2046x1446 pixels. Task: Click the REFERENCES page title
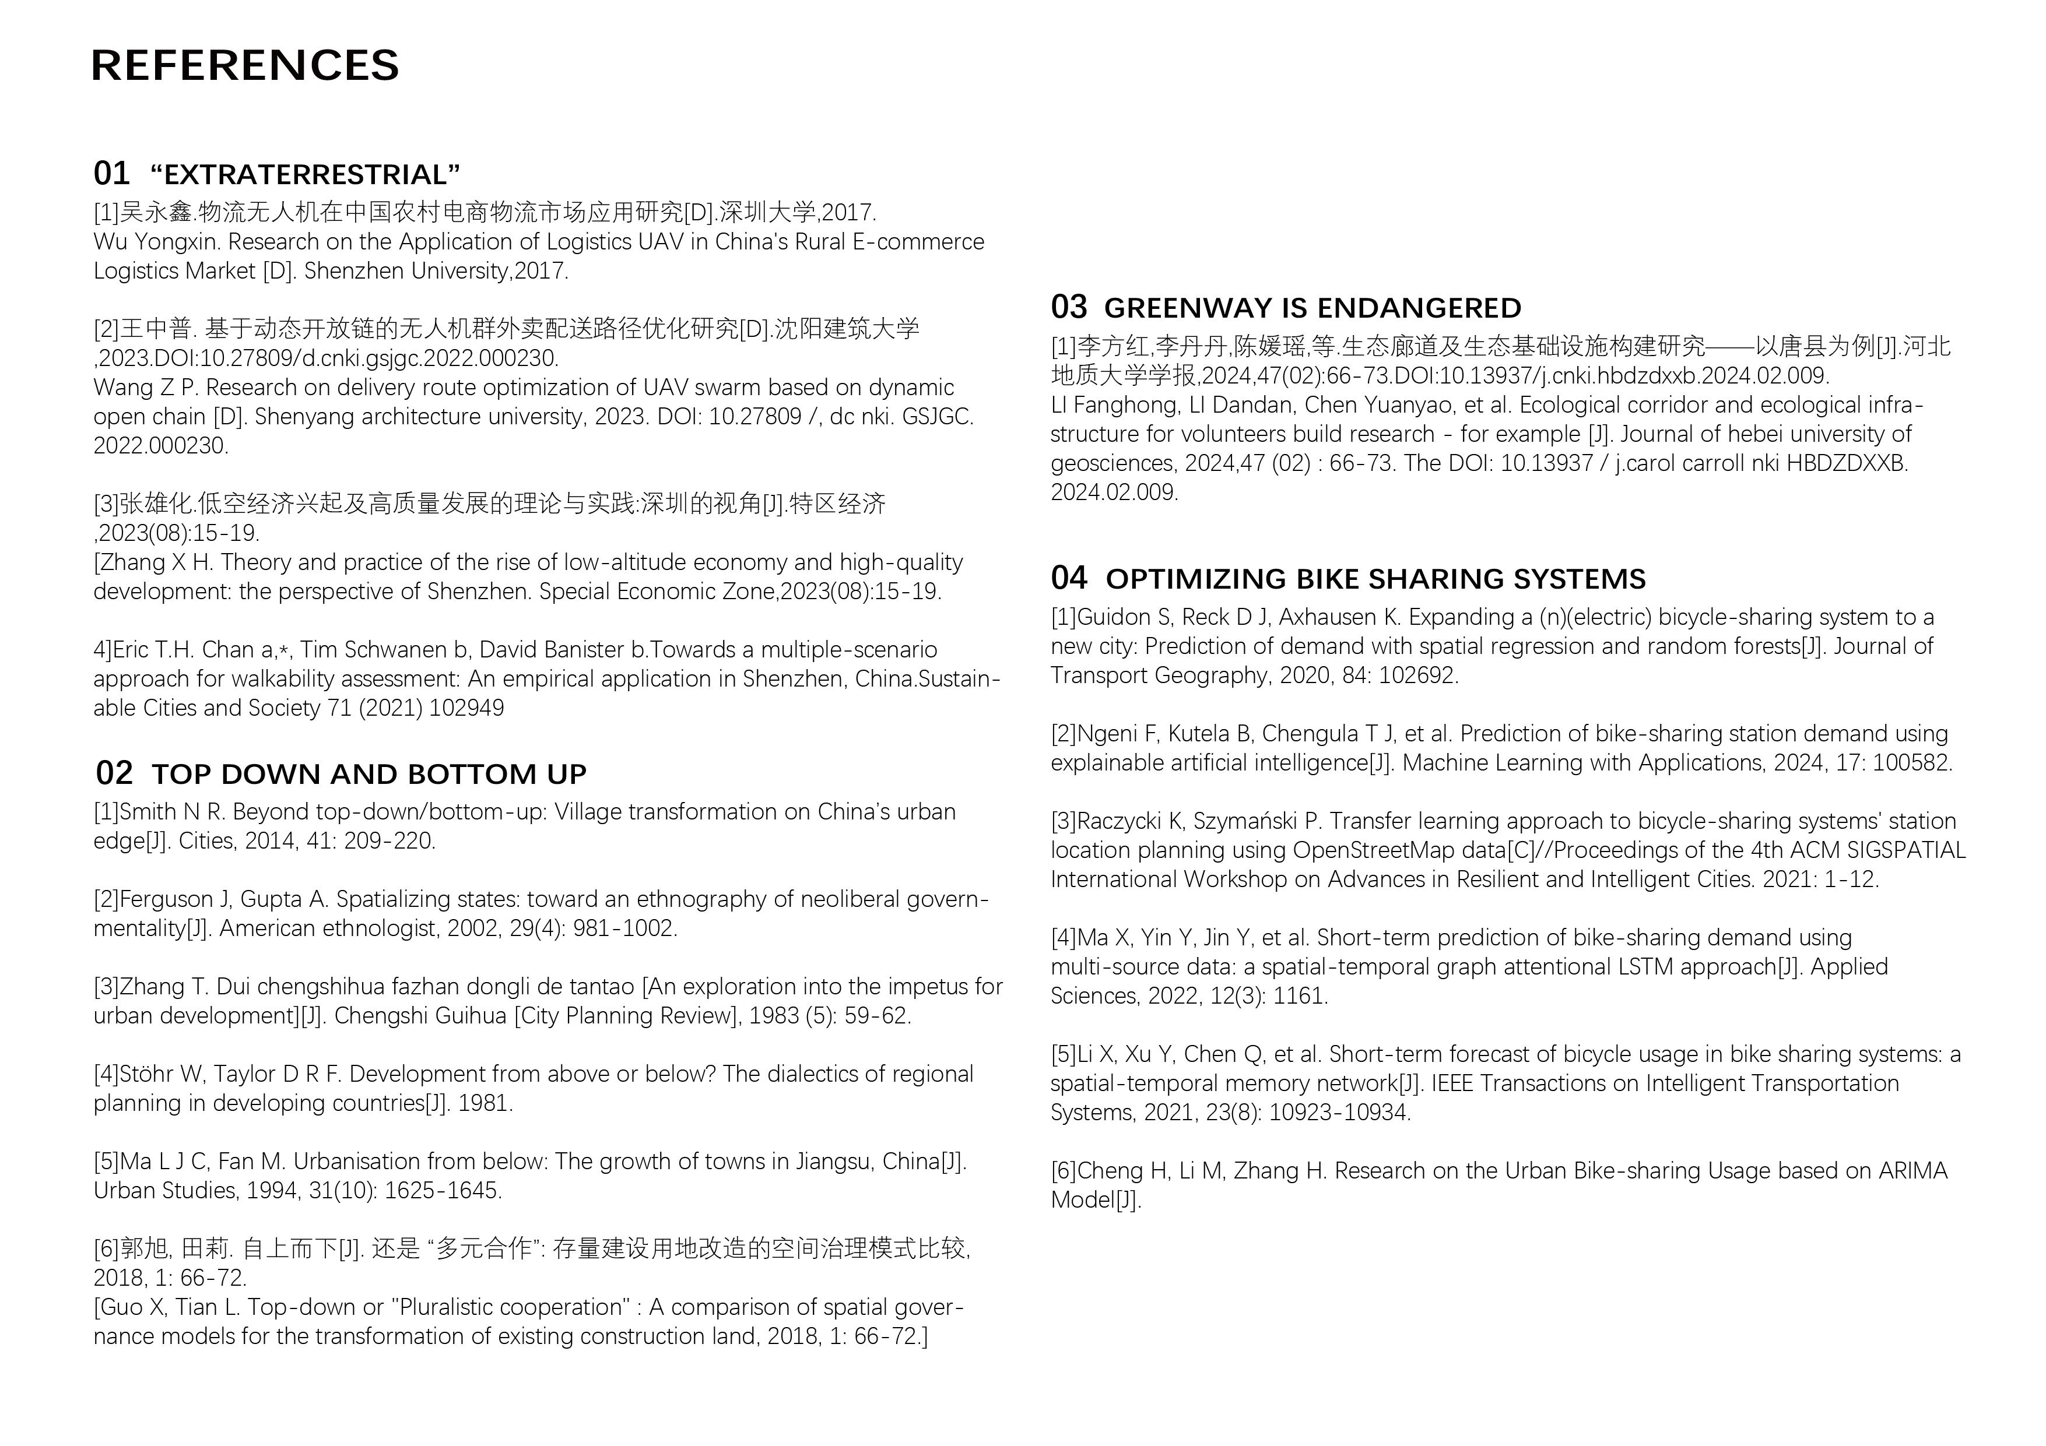(245, 66)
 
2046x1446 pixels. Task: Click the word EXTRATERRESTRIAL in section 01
(305, 175)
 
